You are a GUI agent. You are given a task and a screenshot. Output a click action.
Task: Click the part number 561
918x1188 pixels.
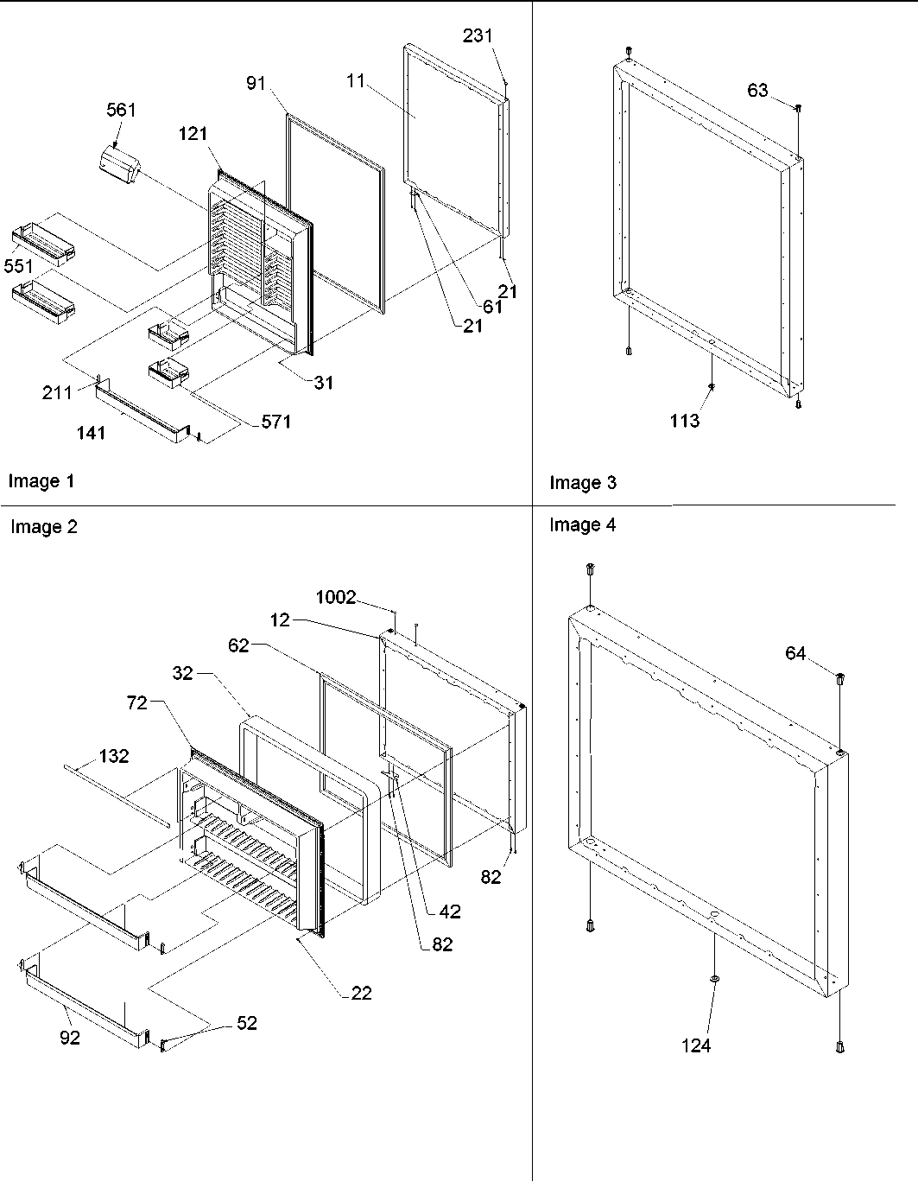click(121, 110)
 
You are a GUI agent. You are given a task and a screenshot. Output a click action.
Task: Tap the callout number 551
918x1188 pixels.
click(19, 266)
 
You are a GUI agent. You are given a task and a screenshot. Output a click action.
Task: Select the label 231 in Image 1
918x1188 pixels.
click(477, 35)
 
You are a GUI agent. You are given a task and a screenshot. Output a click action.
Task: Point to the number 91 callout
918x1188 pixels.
click(256, 83)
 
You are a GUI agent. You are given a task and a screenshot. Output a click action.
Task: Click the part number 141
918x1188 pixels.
click(92, 432)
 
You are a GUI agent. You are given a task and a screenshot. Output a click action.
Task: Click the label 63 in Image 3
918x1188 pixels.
click(757, 90)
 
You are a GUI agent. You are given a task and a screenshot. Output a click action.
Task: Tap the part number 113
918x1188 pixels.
click(684, 421)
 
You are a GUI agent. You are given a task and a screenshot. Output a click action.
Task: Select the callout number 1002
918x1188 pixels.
click(336, 598)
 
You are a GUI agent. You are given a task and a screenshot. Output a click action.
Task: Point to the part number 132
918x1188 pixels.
click(113, 756)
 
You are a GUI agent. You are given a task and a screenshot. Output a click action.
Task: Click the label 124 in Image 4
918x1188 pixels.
click(695, 1045)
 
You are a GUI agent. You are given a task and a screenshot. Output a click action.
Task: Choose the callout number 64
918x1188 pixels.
click(795, 654)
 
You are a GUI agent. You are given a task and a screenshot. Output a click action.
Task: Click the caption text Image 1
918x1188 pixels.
click(41, 481)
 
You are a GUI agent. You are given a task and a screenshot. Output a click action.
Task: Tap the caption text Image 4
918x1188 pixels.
click(582, 524)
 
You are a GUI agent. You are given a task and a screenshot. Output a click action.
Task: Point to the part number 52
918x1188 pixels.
click(247, 1023)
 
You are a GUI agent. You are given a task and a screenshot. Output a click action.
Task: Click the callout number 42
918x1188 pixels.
click(449, 911)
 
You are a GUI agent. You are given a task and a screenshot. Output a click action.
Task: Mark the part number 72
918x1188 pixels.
click(138, 704)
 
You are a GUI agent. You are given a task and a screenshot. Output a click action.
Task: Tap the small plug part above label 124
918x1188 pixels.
click(714, 978)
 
